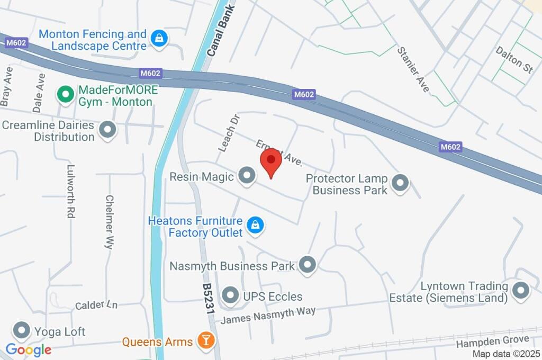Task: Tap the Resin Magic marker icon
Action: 246,176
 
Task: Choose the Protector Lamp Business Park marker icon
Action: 400,183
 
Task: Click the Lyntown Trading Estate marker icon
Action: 521,290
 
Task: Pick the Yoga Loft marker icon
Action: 22,331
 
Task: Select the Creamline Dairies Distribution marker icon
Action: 108,130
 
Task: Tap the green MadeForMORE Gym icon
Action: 65,95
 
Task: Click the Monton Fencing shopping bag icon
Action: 158,39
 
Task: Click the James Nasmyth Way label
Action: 268,316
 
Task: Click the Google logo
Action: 29,350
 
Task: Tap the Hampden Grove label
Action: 492,342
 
